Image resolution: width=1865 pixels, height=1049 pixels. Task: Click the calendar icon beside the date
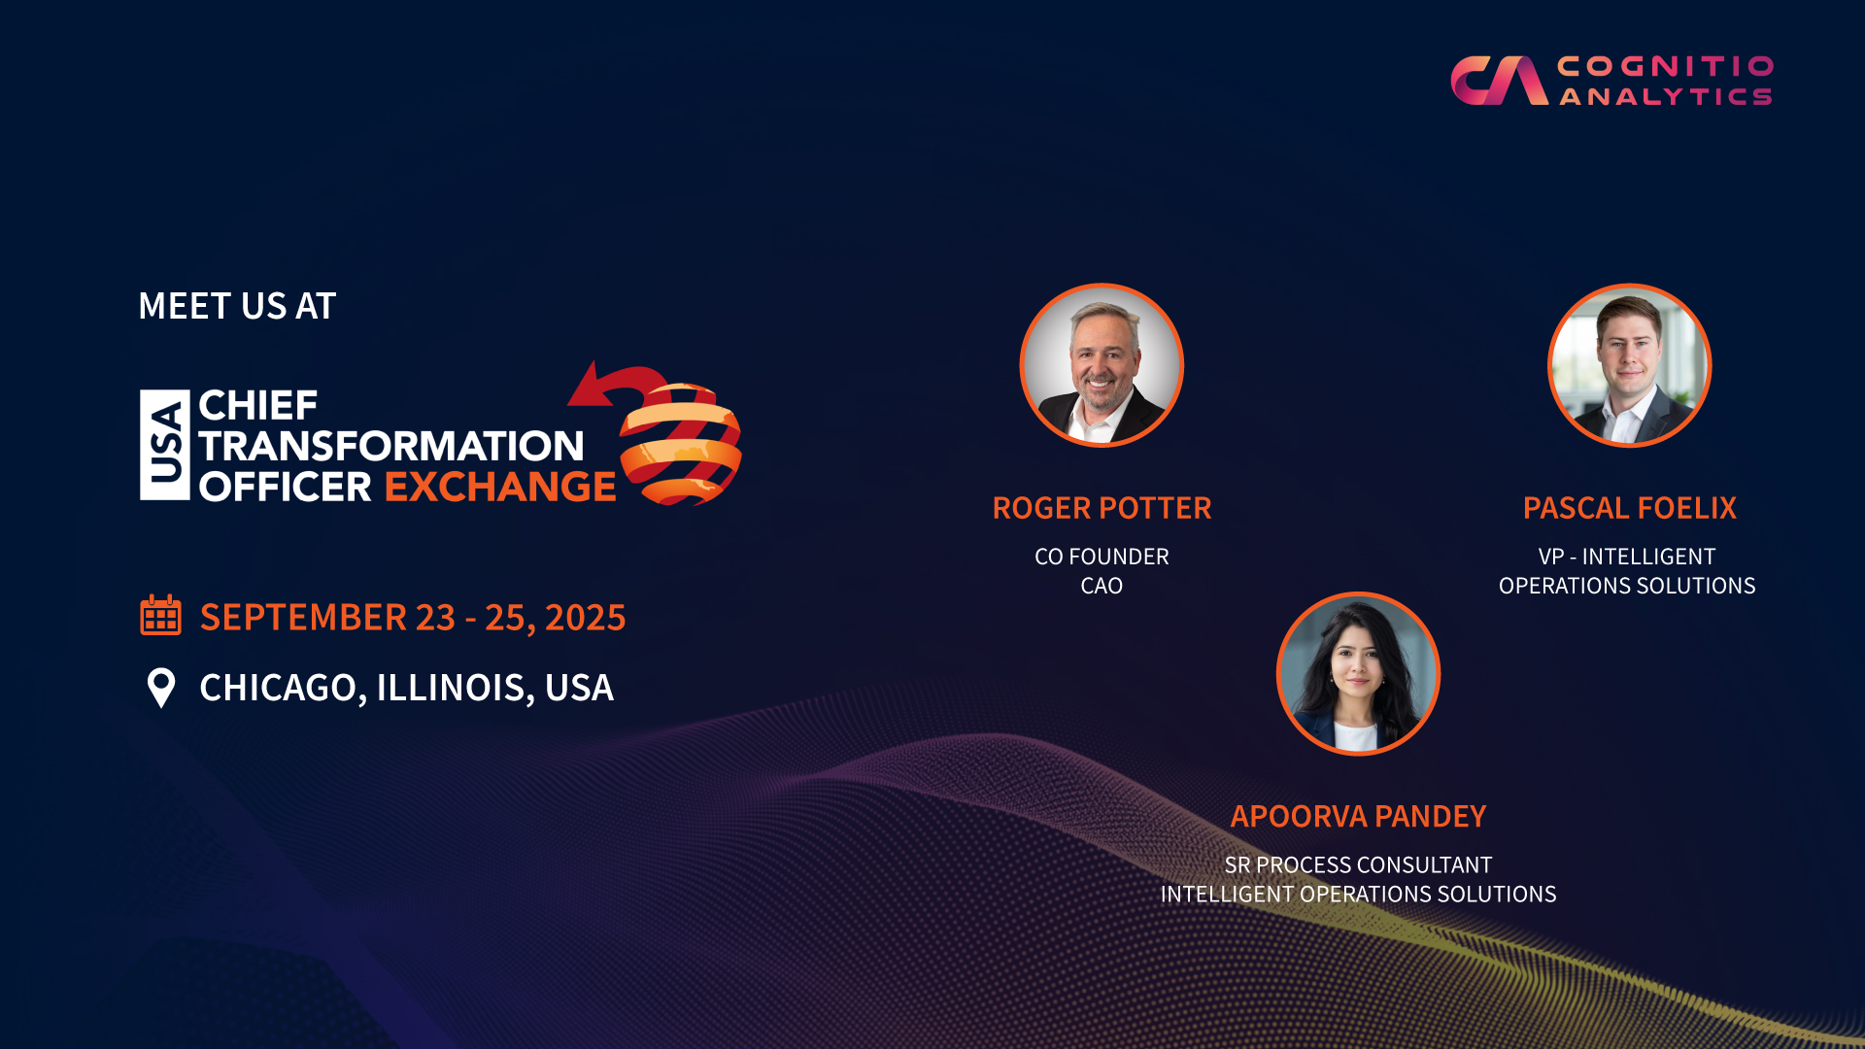click(x=160, y=615)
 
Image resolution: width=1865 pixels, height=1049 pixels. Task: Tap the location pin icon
click(x=161, y=688)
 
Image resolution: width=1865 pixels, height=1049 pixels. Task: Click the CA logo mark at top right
click(x=1499, y=80)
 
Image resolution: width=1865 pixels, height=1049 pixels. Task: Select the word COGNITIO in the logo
click(x=1666, y=66)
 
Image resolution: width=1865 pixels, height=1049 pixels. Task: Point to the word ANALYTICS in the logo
click(x=1666, y=96)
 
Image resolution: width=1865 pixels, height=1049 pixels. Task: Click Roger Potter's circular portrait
click(x=1102, y=365)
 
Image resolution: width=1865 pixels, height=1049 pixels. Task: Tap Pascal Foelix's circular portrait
click(x=1629, y=365)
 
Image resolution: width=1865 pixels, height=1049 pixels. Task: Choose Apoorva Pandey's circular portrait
click(x=1358, y=673)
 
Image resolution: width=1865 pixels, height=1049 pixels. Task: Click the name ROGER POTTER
click(x=1102, y=508)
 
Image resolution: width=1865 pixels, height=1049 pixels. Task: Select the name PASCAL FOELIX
click(x=1629, y=508)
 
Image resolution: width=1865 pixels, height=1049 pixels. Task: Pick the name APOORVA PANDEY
click(x=1358, y=816)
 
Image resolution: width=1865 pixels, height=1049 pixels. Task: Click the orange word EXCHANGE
click(x=500, y=487)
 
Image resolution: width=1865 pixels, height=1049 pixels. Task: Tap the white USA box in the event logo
click(x=165, y=445)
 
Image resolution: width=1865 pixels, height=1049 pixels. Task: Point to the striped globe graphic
click(x=681, y=445)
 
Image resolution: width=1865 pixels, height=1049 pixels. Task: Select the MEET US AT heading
click(x=237, y=306)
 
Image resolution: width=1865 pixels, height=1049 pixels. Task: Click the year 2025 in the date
click(x=585, y=618)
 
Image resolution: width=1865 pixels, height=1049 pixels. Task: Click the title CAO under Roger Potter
click(x=1102, y=586)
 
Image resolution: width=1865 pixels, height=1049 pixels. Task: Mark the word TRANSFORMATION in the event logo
click(x=391, y=446)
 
